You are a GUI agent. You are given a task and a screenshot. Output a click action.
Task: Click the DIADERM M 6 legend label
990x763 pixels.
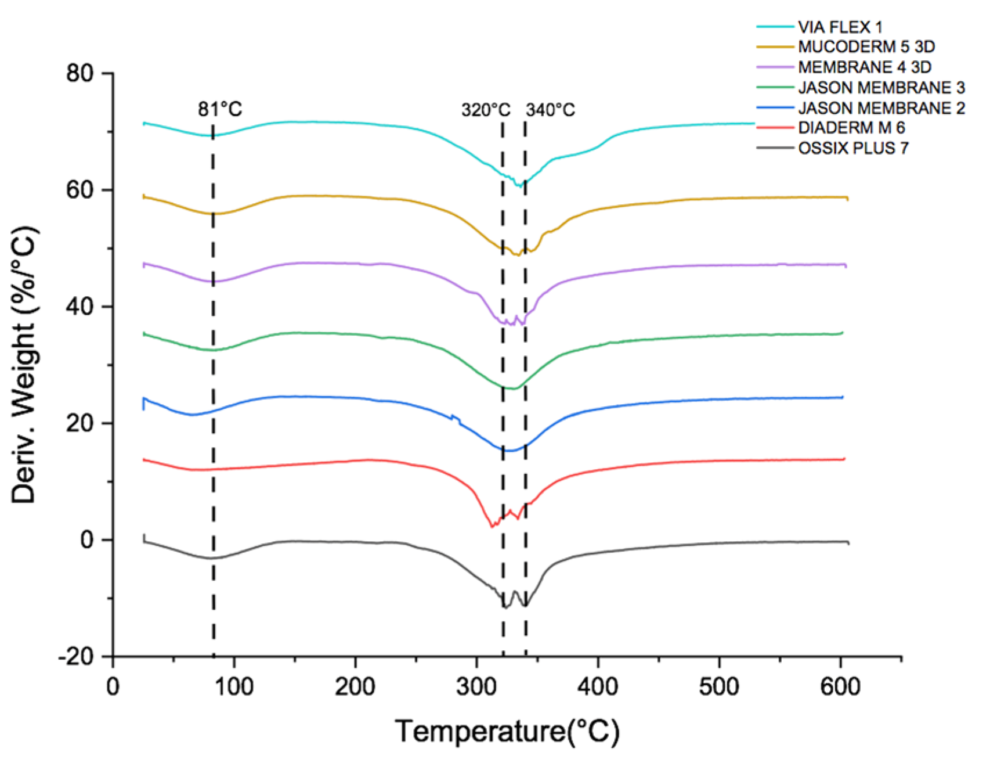click(851, 128)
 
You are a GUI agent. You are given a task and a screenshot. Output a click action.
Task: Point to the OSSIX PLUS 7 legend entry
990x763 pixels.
click(853, 148)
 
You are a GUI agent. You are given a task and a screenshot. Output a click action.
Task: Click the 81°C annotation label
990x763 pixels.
click(220, 109)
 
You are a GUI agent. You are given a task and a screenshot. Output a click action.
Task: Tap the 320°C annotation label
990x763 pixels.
click(486, 110)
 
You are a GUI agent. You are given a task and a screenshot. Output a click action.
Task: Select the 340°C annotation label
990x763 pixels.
click(550, 110)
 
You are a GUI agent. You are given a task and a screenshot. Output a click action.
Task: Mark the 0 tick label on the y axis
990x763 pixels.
click(88, 540)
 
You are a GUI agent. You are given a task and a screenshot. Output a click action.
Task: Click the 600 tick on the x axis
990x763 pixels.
click(840, 688)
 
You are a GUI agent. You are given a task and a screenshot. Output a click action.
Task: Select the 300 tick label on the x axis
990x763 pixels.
click(476, 688)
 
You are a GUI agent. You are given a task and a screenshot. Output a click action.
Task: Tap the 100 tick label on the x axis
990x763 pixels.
click(234, 688)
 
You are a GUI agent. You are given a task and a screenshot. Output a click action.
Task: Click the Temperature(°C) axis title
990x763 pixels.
click(507, 731)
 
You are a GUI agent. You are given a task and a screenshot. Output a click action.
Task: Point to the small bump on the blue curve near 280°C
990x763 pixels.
click(454, 417)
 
